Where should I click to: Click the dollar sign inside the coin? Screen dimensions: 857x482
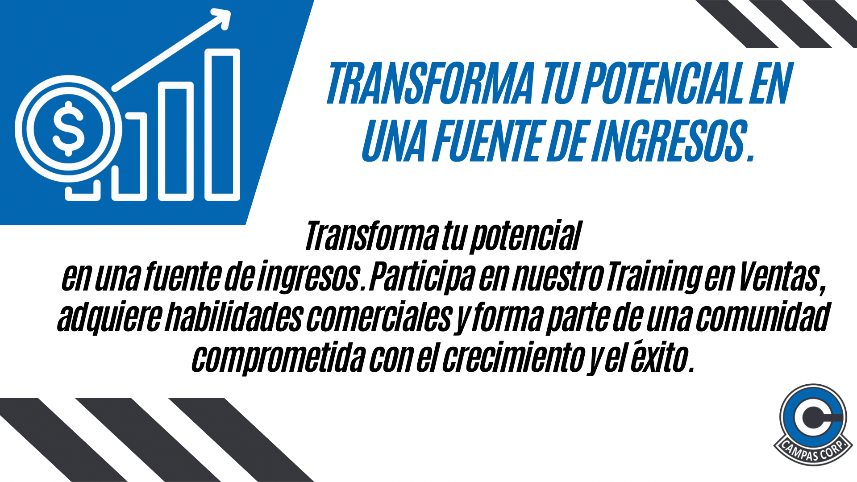68,129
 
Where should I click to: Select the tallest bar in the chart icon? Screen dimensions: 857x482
222,125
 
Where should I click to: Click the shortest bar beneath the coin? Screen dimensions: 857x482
83,191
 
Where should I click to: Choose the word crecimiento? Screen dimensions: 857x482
513,357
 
